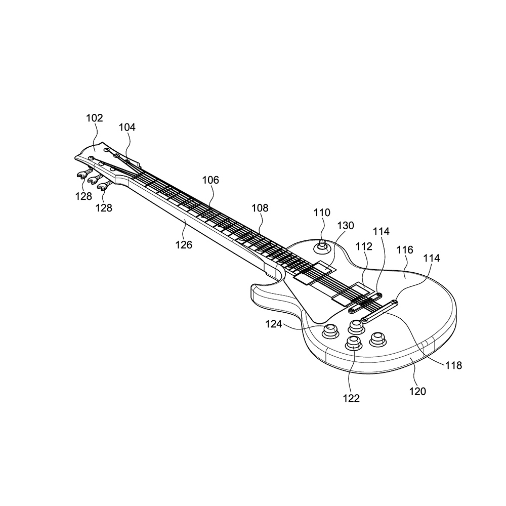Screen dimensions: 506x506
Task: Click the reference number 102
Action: pyautogui.click(x=95, y=118)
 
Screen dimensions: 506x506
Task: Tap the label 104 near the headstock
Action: pyautogui.click(x=127, y=128)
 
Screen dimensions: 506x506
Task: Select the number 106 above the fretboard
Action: pyautogui.click(x=210, y=180)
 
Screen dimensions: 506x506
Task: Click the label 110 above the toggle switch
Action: pyautogui.click(x=321, y=213)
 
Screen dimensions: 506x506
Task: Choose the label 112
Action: pyautogui.click(x=364, y=246)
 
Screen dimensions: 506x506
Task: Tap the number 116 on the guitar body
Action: pyautogui.click(x=405, y=250)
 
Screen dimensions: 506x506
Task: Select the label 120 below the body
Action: pyautogui.click(x=417, y=391)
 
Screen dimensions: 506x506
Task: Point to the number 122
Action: pyautogui.click(x=351, y=399)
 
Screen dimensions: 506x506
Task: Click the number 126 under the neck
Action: pyautogui.click(x=184, y=245)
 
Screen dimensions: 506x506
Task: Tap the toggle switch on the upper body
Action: pyautogui.click(x=321, y=246)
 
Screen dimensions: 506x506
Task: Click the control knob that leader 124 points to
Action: pyautogui.click(x=331, y=331)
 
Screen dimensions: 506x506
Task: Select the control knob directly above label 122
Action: pyautogui.click(x=353, y=344)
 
